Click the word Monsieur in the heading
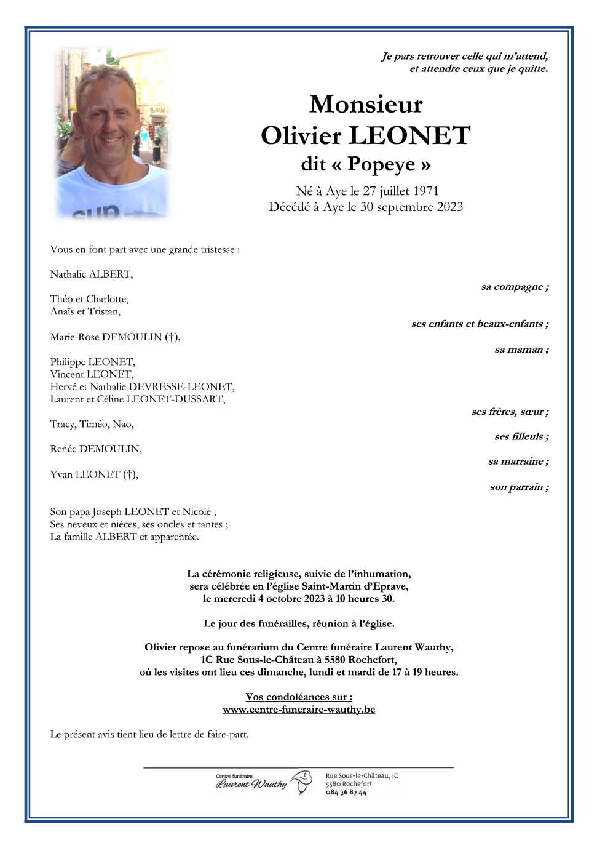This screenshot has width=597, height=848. tap(366, 104)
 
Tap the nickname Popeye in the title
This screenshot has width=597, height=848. tap(381, 164)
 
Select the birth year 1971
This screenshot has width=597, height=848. tap(425, 191)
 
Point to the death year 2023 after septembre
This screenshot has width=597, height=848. tap(449, 207)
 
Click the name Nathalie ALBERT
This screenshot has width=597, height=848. tap(91, 274)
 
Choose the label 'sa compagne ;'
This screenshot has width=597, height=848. tap(515, 287)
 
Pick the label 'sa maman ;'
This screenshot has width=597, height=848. tap(521, 350)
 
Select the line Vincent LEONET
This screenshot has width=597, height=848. tap(92, 374)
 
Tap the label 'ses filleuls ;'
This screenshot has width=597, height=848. tap(521, 436)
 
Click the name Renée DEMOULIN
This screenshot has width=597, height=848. tap(96, 449)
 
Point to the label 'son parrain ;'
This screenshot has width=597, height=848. tap(519, 487)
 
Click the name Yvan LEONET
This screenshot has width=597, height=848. tap(93, 474)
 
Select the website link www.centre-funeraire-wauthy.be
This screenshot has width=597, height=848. tap(299, 710)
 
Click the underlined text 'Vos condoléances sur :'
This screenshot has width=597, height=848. tap(299, 697)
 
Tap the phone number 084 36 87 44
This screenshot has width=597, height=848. tap(346, 793)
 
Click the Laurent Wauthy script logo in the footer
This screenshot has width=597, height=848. tap(251, 784)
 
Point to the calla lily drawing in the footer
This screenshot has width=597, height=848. tap(302, 782)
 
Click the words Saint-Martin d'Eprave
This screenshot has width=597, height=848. tap(355, 586)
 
